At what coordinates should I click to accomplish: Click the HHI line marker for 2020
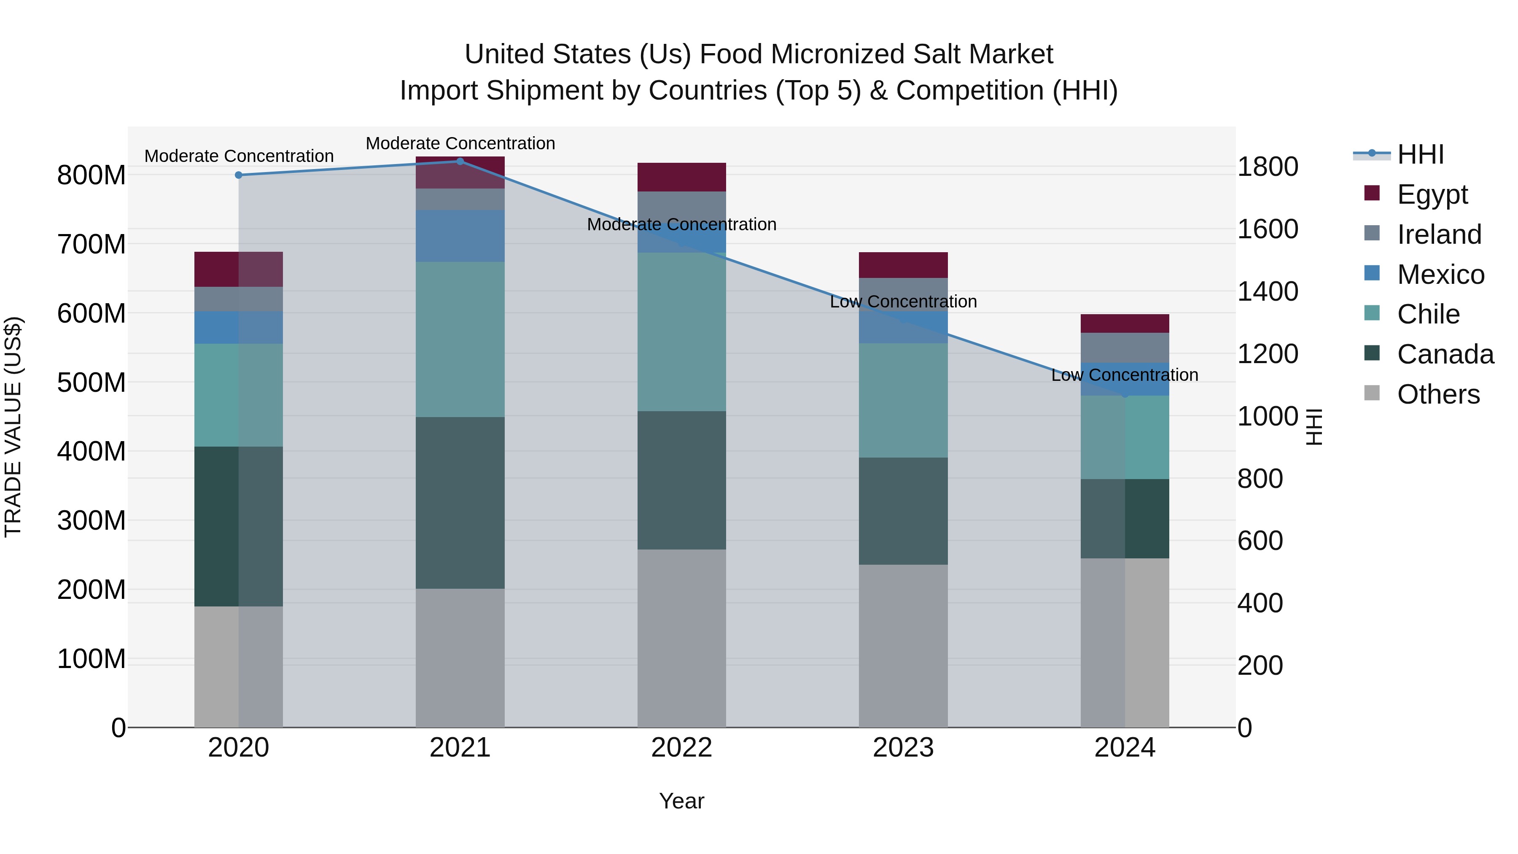(x=239, y=175)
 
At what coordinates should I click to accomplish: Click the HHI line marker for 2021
(x=460, y=161)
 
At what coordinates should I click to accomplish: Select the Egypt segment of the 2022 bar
(x=682, y=177)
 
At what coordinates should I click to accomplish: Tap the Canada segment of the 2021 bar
(x=460, y=503)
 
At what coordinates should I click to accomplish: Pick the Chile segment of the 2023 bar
(x=903, y=401)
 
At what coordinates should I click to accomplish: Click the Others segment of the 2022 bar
(x=682, y=638)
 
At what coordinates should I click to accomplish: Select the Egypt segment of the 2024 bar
(x=1125, y=323)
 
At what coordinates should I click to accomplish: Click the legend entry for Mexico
(x=1440, y=275)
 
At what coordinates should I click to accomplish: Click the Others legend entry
(x=1438, y=394)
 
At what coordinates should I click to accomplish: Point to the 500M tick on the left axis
(x=92, y=383)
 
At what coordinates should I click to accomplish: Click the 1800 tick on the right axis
(x=1268, y=167)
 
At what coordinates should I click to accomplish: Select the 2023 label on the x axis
(x=903, y=748)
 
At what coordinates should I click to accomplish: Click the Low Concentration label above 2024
(x=1125, y=375)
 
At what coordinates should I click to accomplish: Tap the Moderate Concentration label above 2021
(x=460, y=143)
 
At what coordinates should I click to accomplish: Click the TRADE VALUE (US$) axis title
(x=13, y=427)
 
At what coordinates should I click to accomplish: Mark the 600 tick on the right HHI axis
(x=1260, y=541)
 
